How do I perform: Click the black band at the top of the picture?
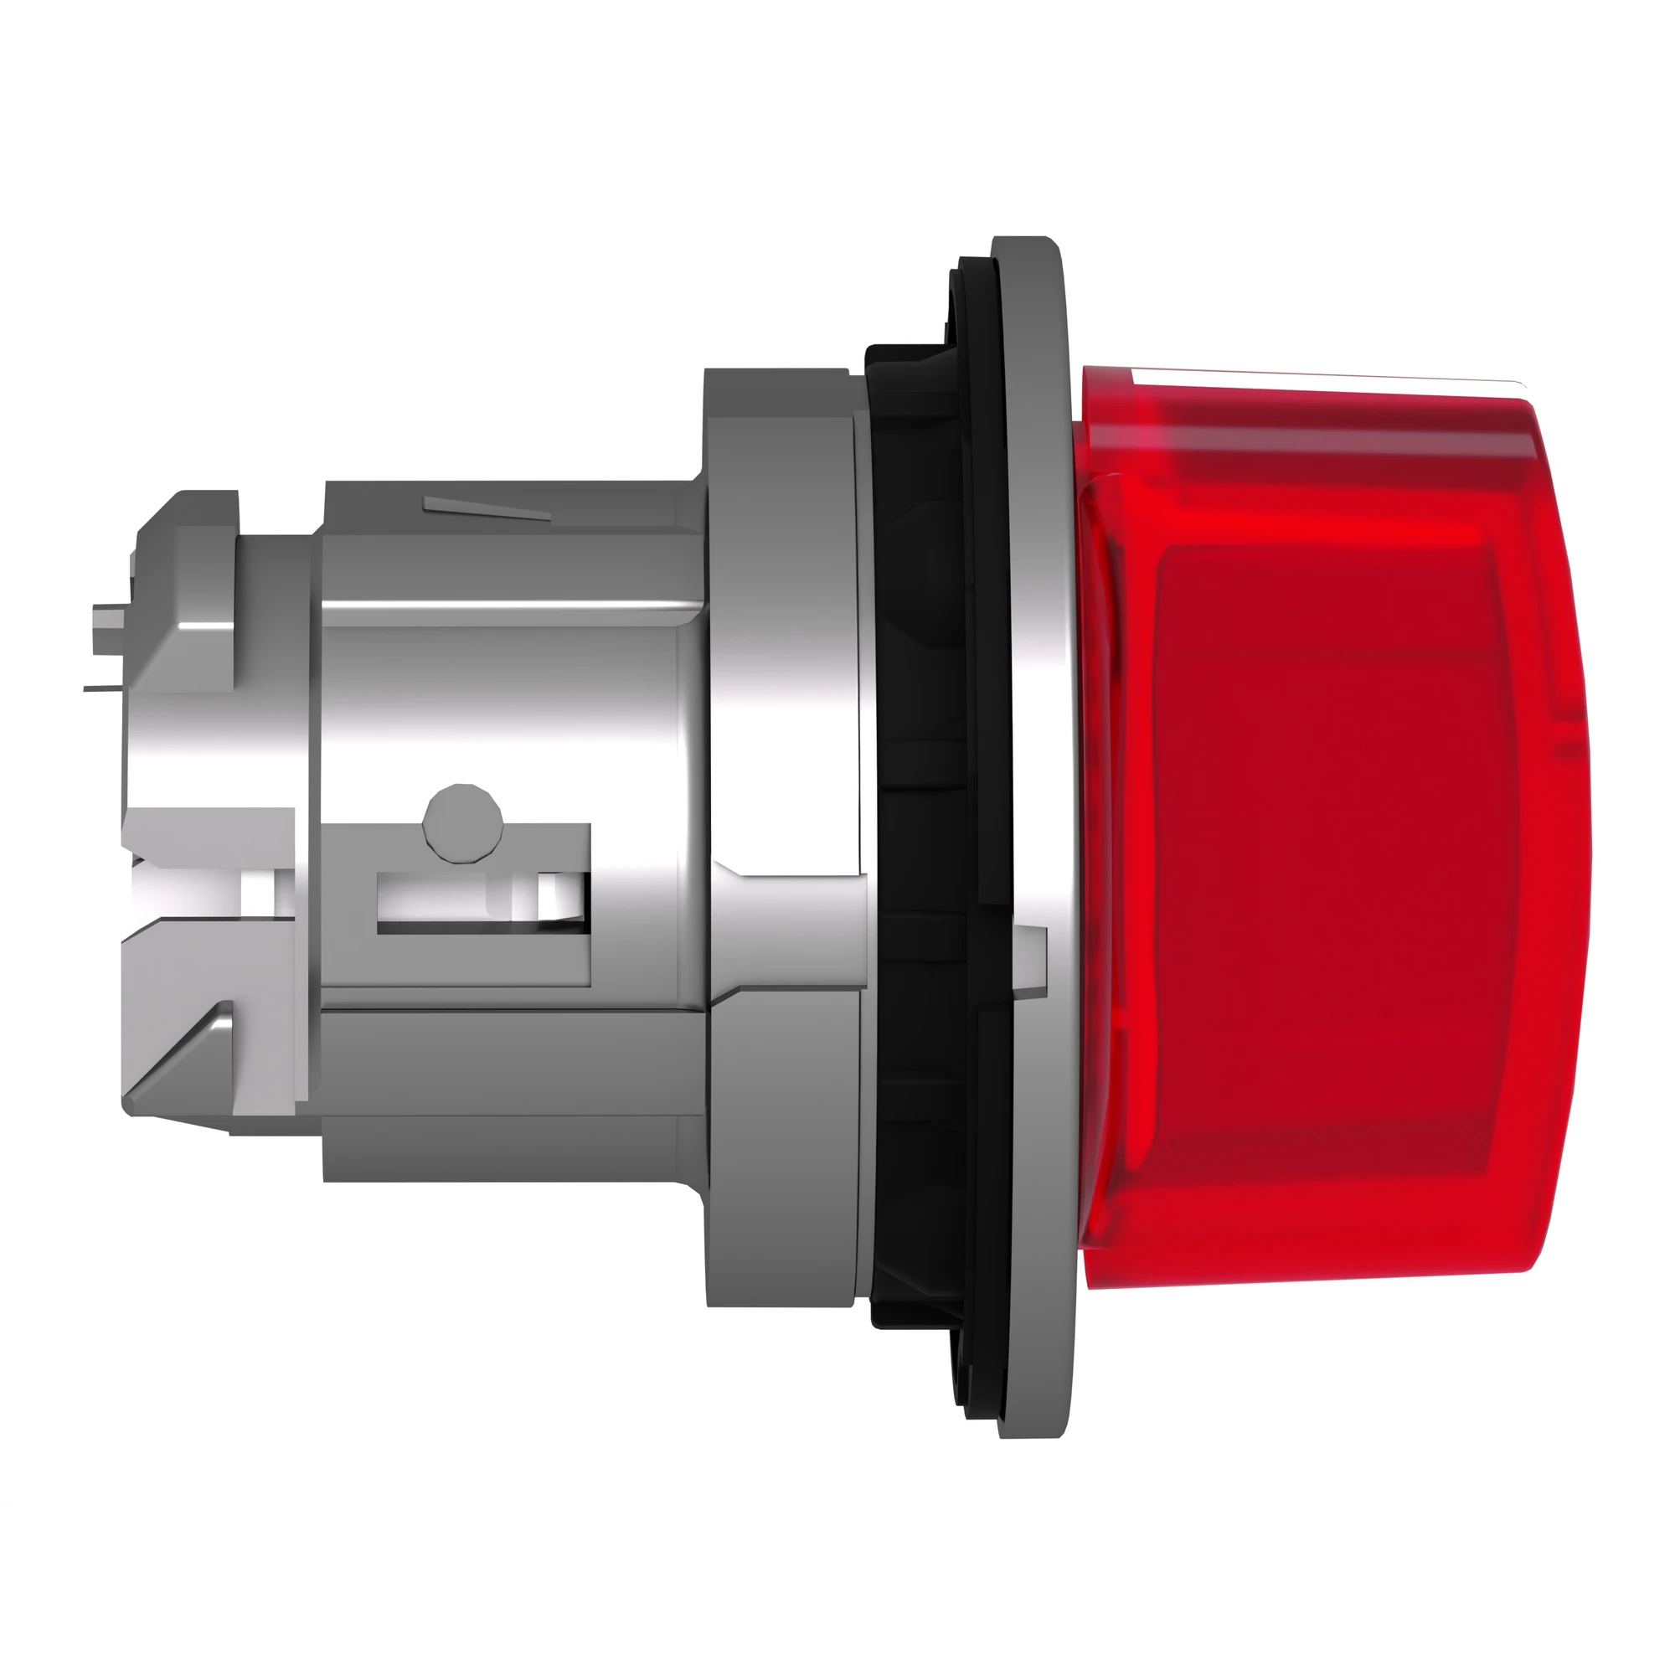click(837, 82)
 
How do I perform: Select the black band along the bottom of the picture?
click(837, 1591)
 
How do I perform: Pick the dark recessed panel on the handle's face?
click(1327, 867)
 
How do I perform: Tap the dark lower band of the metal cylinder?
click(512, 1144)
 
